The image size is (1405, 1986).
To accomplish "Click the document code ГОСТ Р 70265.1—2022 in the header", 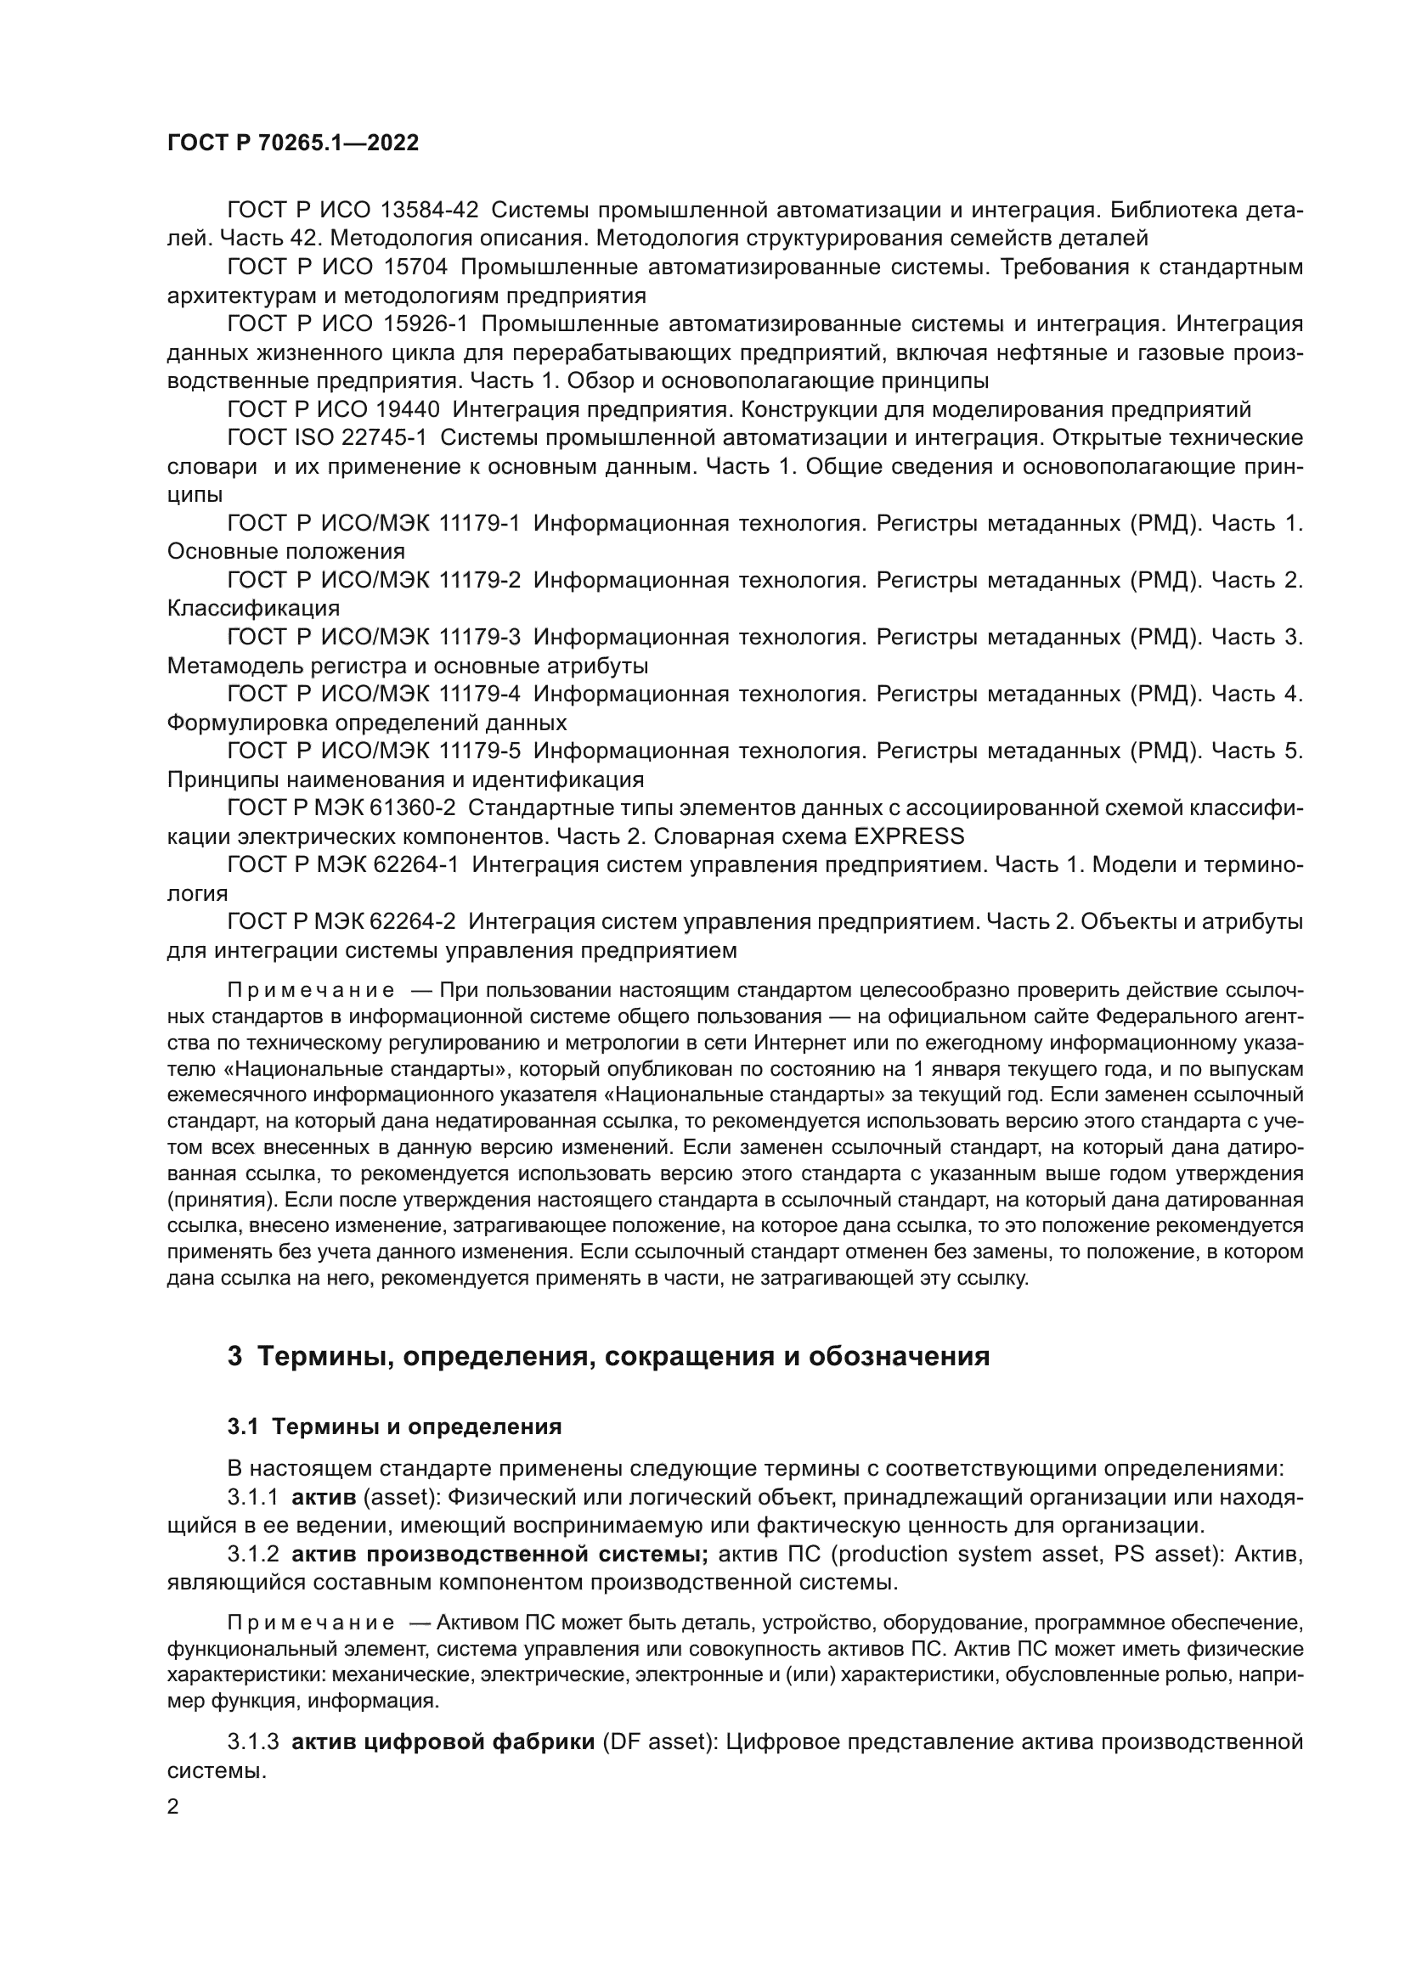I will pos(292,143).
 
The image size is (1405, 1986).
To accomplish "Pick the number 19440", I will pos(408,409).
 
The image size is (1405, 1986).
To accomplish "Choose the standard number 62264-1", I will pos(414,865).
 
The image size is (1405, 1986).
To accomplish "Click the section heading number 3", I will pos(234,1356).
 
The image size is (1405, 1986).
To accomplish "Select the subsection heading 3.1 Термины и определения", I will pos(394,1426).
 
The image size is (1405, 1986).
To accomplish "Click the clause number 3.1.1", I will pos(252,1497).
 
